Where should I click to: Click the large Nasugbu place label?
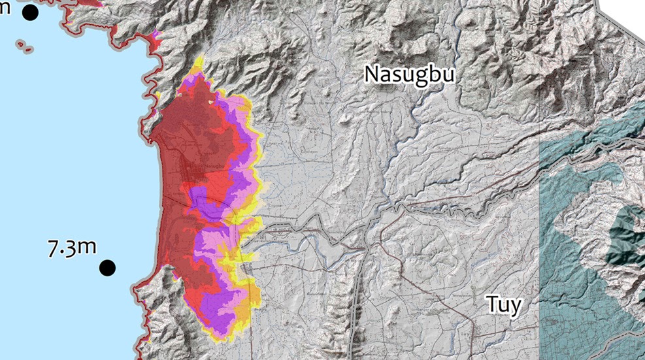409,74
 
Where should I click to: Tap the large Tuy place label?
504,304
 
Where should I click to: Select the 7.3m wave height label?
72,248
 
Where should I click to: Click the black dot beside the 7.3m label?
107,267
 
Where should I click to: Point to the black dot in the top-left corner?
30,12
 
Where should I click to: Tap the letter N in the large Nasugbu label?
372,74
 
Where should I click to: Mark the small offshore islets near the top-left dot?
25,46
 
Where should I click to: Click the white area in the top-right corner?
624,13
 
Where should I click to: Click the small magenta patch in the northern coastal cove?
156,33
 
